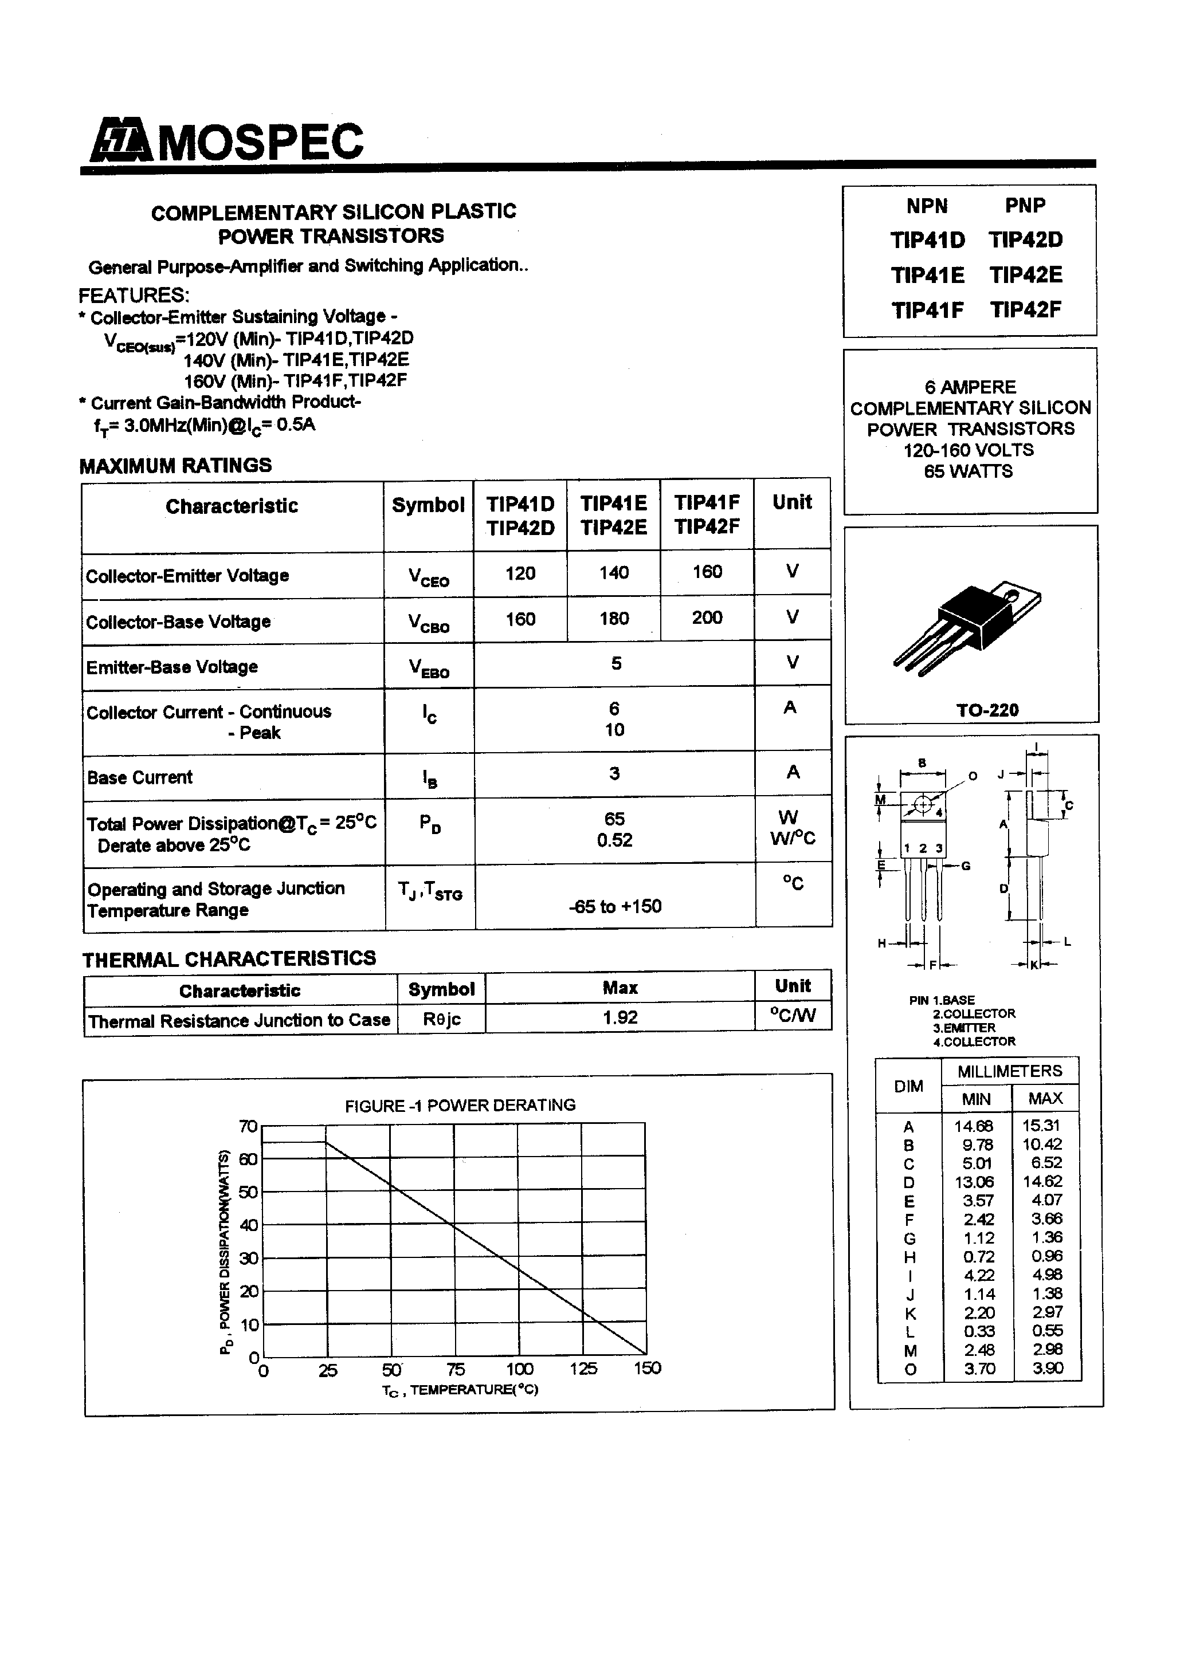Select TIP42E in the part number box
[1026, 275]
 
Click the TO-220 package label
[987, 709]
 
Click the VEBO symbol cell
[429, 666]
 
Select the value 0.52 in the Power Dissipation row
[614, 840]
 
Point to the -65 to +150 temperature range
[614, 906]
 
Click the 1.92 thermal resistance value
[620, 1017]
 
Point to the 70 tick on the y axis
[248, 1126]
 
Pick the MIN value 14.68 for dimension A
[974, 1126]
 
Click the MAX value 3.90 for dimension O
[1047, 1368]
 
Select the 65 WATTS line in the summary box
[968, 471]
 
